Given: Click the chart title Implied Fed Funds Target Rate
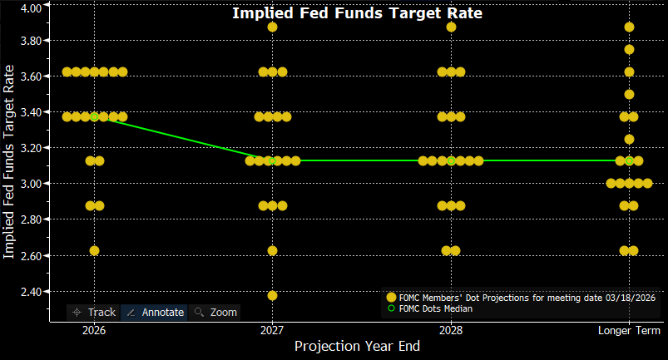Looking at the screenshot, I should [357, 13].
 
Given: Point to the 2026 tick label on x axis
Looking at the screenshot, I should [94, 330].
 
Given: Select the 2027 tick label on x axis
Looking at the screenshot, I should [272, 330].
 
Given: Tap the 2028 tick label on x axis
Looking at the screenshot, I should [451, 330].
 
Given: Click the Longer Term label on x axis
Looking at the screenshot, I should [629, 330].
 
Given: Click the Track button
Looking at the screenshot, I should [94, 313].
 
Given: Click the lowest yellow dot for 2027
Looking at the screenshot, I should [272, 295].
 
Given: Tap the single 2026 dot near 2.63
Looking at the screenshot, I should [94, 250].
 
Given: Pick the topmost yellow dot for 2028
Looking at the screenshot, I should [451, 27].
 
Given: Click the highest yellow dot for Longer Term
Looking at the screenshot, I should [629, 27].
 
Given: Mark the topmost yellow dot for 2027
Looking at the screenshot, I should [272, 27].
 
